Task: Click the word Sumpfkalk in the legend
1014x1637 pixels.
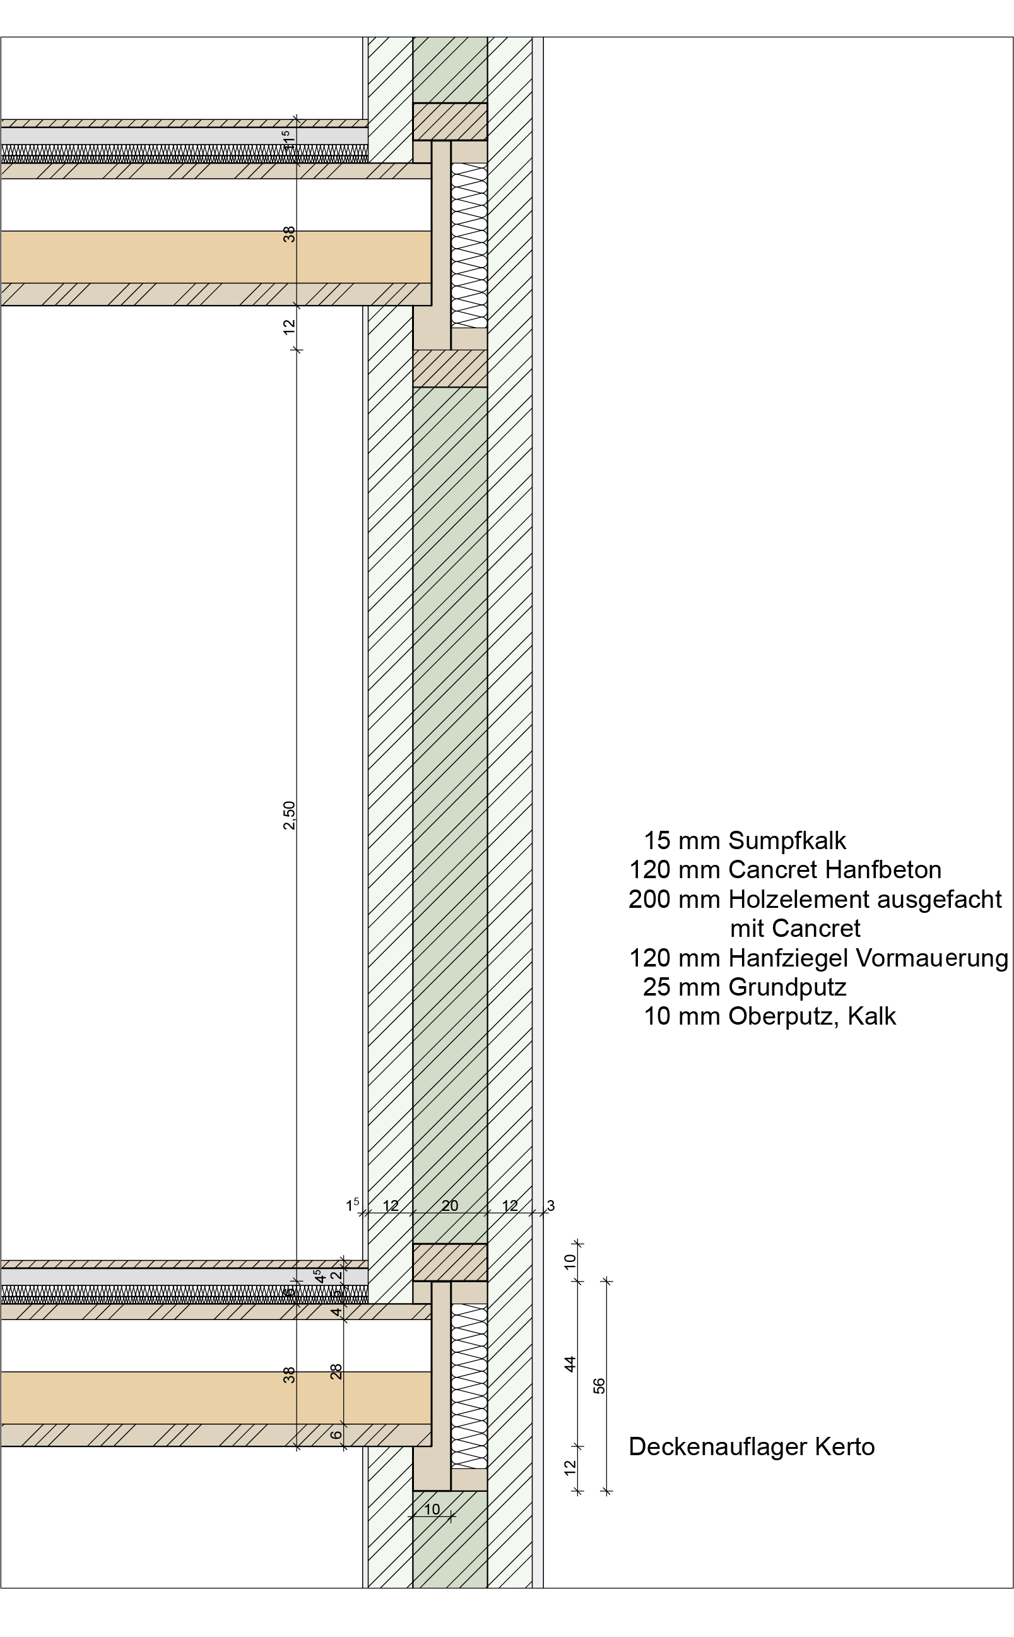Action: coord(787,841)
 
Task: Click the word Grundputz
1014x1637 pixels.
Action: coord(787,987)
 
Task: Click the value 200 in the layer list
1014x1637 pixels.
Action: coord(649,899)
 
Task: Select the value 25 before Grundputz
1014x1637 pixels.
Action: coord(657,987)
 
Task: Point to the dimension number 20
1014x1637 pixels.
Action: coord(449,1206)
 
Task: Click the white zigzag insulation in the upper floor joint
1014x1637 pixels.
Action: coord(469,245)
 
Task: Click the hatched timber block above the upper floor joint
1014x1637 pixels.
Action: coord(449,121)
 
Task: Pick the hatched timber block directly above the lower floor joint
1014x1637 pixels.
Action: coord(449,1262)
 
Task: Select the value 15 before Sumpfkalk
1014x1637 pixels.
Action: coord(657,841)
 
